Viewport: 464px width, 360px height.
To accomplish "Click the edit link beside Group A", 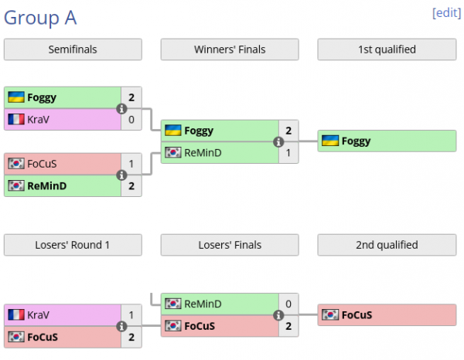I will pos(447,13).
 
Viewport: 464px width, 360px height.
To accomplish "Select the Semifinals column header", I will pos(73,50).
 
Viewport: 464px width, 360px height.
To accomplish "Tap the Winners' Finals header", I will pos(230,50).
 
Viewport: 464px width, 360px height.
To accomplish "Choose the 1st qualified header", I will pos(387,50).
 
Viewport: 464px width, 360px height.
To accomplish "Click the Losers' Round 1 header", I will pos(73,245).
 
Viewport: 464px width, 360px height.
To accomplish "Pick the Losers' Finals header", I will pos(230,245).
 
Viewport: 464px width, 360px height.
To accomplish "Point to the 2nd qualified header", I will pos(387,245).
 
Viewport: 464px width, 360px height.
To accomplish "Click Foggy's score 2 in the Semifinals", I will pos(131,97).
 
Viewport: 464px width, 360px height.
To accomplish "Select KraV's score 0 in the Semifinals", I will pos(131,119).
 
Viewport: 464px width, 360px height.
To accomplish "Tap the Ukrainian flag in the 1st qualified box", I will pos(329,141).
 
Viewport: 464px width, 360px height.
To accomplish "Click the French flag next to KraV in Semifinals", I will pos(16,119).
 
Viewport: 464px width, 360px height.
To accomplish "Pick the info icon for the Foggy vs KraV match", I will pos(121,109).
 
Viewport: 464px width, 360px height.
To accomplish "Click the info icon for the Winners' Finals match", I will pos(278,142).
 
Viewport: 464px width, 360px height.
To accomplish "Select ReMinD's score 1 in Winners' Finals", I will pos(288,153).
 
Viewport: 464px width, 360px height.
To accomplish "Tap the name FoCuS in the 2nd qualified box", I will pos(357,315).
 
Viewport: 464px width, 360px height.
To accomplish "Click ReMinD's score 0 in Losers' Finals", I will pos(288,304).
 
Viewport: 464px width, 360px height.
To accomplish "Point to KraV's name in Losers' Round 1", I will pos(38,315).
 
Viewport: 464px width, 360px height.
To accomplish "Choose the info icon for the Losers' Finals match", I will pos(278,315).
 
